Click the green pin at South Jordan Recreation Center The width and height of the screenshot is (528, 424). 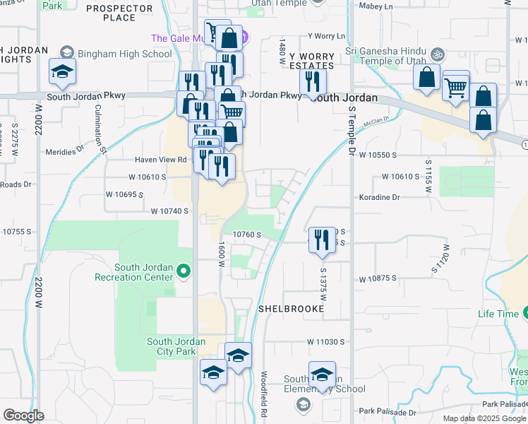[x=183, y=271]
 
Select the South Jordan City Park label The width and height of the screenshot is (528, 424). [x=176, y=346]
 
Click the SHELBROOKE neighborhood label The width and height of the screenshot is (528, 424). [x=289, y=309]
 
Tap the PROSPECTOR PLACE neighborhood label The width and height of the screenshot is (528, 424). [x=119, y=12]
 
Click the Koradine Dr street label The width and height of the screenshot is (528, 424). [x=379, y=198]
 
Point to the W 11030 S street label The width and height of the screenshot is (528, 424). [x=325, y=342]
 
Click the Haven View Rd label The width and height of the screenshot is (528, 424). [x=162, y=160]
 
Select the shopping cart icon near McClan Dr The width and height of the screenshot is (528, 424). [x=456, y=88]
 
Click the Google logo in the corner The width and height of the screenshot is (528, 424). [x=23, y=416]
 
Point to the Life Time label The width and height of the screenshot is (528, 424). [x=498, y=313]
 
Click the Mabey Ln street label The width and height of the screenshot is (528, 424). [x=376, y=6]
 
